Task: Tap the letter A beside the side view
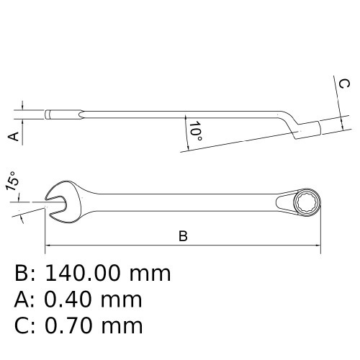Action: point(12,136)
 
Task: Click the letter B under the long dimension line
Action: point(183,236)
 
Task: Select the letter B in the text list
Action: point(22,274)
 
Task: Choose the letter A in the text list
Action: point(22,300)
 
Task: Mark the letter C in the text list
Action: point(22,325)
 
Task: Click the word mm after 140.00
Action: point(150,274)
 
